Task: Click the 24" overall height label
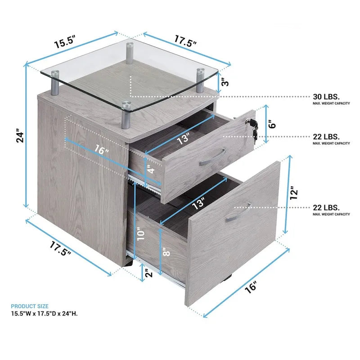(19, 137)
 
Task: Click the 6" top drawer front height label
(271, 125)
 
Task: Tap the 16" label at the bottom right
(252, 286)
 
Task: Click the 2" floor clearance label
(147, 273)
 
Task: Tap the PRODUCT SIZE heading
(29, 306)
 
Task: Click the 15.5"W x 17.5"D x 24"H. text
(44, 314)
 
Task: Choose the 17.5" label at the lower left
(61, 249)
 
